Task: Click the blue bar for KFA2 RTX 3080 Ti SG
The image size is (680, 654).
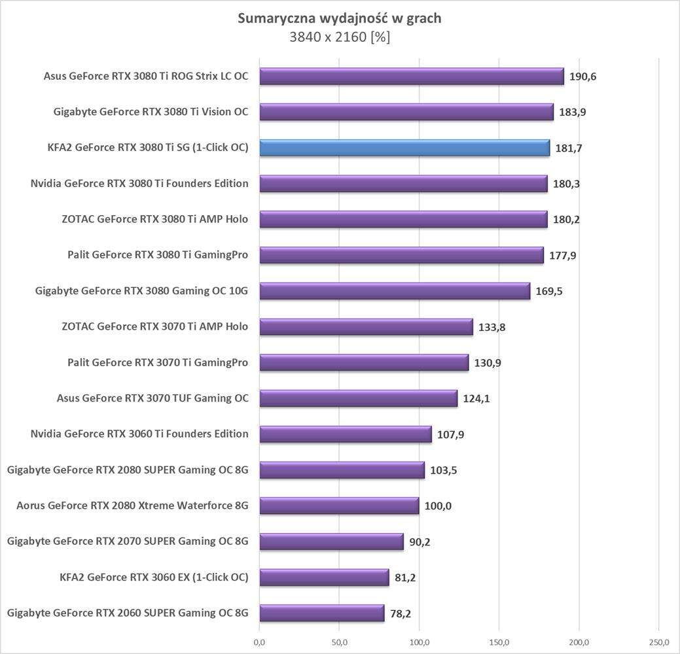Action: click(404, 148)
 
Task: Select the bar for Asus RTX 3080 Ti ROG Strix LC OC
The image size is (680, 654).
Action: click(412, 77)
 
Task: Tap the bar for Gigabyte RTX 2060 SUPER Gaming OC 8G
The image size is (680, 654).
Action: click(321, 613)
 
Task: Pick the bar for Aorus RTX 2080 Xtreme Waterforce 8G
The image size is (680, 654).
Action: click(339, 506)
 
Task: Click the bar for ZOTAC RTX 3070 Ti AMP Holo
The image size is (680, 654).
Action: click(366, 326)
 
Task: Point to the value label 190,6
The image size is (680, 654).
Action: click(582, 77)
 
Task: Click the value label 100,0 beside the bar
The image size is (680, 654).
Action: click(438, 506)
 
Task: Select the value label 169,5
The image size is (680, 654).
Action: click(548, 291)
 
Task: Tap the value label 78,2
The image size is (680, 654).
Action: click(401, 613)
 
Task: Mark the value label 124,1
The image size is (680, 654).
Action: click(476, 398)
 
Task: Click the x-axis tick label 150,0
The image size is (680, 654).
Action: click(499, 642)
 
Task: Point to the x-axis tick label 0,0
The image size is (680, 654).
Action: click(259, 642)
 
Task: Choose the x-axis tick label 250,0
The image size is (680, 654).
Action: click(658, 642)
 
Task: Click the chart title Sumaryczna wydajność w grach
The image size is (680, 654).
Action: click(339, 18)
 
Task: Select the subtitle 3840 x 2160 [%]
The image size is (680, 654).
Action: click(339, 37)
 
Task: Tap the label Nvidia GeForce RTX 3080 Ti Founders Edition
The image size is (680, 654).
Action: click(139, 183)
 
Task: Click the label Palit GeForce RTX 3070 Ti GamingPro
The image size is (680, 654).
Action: click(158, 362)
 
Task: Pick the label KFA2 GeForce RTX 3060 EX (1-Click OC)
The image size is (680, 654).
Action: click(154, 577)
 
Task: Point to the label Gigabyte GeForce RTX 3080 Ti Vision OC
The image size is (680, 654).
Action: click(151, 112)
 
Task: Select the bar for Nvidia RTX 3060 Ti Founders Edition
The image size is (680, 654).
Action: click(346, 434)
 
